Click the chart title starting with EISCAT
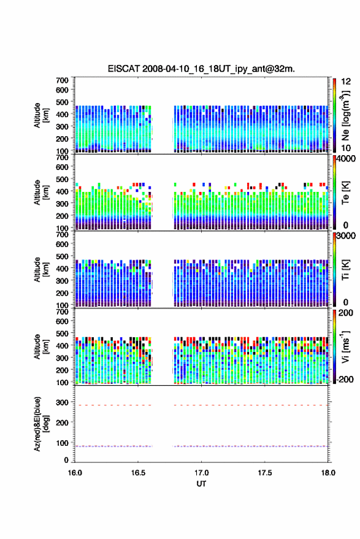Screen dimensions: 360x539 coord(201,69)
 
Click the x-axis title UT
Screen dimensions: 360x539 coord(201,484)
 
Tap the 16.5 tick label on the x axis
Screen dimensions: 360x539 coord(138,473)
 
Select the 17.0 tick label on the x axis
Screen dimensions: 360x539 coord(201,473)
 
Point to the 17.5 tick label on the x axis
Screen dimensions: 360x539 coord(265,473)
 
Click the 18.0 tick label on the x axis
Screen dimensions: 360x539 coord(328,473)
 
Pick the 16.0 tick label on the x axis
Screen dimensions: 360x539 coord(75,473)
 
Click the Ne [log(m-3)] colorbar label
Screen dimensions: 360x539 coord(345,115)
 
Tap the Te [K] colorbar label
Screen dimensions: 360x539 coord(345,193)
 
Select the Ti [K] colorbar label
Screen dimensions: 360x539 coord(345,270)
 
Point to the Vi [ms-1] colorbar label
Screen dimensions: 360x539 coord(345,346)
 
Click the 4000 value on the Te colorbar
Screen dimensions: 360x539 coord(346,159)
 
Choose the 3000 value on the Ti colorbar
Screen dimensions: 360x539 coord(346,236)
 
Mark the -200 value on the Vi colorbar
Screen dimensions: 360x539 coord(345,379)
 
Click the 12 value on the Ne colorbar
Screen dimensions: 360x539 coord(346,82)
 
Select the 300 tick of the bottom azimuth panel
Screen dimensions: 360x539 coord(62,402)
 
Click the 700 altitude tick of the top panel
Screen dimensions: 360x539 coord(62,80)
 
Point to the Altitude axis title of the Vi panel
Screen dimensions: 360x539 coord(41,346)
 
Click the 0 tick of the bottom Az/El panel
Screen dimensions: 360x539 coord(66,460)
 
